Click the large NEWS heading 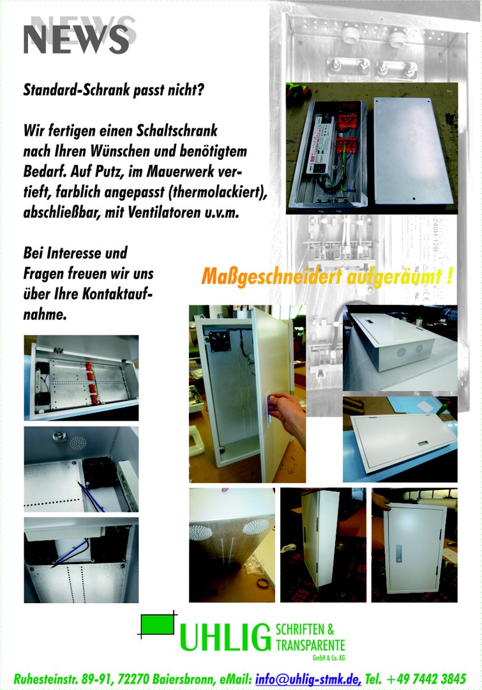click(x=76, y=40)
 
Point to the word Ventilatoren click(x=164, y=213)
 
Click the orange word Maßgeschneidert click(x=271, y=277)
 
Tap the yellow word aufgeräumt click(x=394, y=277)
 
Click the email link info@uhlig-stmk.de click(x=308, y=679)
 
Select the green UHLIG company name click(x=225, y=637)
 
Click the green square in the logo click(x=156, y=624)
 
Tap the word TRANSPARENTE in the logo click(x=310, y=645)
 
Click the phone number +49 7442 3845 click(x=426, y=679)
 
